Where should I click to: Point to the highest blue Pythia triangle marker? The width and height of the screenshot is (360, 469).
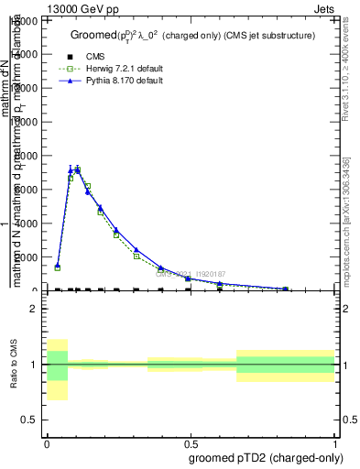(77, 169)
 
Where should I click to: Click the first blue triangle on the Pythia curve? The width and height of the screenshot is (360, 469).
(57, 265)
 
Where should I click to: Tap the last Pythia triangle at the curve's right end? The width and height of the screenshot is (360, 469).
(287, 288)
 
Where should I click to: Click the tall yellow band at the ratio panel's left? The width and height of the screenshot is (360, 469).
(57, 369)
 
